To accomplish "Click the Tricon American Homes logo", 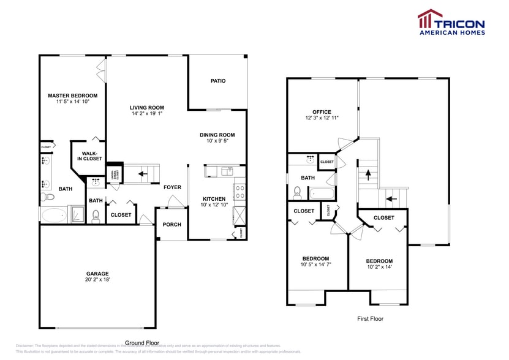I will (451, 23).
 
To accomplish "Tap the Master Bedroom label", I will (73, 96).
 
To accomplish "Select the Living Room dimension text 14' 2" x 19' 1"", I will (147, 114).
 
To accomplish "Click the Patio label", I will (218, 81).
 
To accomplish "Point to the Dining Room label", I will (217, 135).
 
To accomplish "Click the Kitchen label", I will (214, 198).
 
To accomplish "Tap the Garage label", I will (97, 274).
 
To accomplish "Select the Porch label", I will (172, 225).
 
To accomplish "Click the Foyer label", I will (172, 187).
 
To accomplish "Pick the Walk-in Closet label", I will (89, 156).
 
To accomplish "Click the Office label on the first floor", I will (322, 112).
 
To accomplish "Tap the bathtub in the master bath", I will (54, 215).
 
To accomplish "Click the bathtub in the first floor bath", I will (322, 195).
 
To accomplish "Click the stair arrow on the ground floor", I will (141, 174).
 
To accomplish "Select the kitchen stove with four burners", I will (239, 191).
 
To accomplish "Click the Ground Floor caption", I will (142, 343).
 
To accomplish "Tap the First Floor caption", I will (370, 318).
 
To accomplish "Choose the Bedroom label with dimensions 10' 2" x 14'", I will (379, 261).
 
